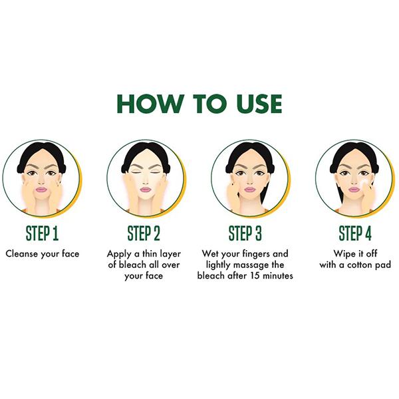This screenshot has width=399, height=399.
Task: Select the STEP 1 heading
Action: tap(43, 233)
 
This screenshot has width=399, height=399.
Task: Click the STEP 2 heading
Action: tap(144, 233)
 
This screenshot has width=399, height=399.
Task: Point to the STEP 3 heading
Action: tap(245, 233)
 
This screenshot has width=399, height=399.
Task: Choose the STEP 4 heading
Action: tap(355, 233)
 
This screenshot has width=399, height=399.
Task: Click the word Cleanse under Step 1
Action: tap(22, 254)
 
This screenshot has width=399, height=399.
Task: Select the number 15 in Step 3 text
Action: tap(255, 275)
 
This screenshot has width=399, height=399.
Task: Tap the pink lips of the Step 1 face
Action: tap(41, 190)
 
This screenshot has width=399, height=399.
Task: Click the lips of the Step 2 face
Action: tap(145, 190)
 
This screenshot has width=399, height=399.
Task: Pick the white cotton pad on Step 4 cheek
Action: tap(364, 183)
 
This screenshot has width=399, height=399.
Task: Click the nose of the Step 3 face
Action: tap(249, 181)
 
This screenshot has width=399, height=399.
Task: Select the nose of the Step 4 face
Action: tap(354, 181)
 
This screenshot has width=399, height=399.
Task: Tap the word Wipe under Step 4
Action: tap(342, 254)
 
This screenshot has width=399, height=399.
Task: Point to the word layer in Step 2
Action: tap(170, 254)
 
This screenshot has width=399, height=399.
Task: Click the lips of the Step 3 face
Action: tap(249, 190)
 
